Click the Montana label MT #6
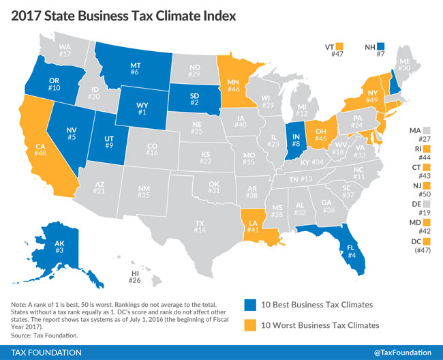[136, 67]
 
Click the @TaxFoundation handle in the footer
[402, 351]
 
